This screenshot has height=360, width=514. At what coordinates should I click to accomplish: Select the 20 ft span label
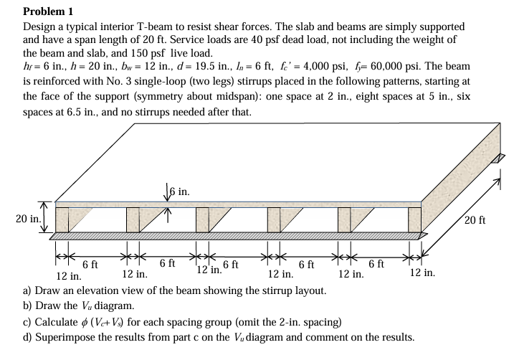[475, 219]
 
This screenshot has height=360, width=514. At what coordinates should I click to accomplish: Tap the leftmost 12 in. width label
[70, 275]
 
